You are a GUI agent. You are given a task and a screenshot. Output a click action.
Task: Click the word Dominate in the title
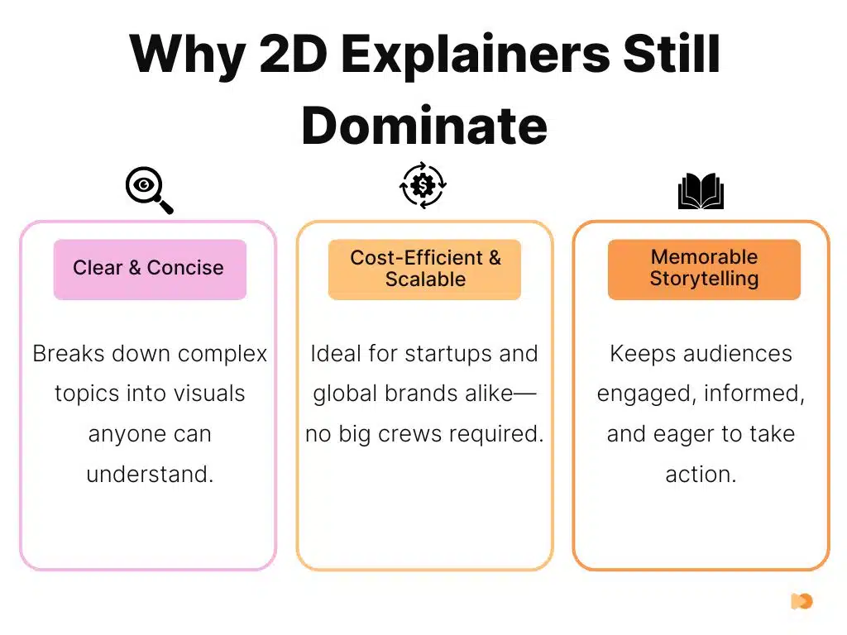[423, 126]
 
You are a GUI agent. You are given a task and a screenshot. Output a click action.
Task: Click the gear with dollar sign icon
[423, 184]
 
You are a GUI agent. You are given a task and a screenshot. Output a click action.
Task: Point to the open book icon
[701, 192]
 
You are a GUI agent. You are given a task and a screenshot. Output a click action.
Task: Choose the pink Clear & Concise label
[149, 268]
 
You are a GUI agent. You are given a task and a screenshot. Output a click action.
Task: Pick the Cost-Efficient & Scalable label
[424, 268]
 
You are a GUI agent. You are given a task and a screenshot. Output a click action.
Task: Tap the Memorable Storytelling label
[704, 268]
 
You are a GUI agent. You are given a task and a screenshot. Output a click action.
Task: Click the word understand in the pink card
[150, 475]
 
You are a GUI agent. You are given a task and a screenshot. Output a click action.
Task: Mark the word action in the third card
[701, 475]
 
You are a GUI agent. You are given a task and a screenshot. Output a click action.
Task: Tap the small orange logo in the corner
[802, 601]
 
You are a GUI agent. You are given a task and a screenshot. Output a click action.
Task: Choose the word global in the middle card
[344, 394]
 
